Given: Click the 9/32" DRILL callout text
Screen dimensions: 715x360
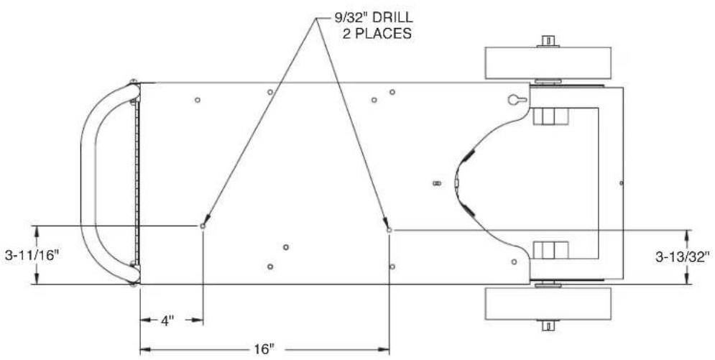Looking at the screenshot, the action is [x=371, y=18].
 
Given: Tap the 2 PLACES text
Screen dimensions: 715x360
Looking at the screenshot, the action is [x=377, y=34].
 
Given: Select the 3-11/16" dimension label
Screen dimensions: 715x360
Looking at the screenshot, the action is [x=32, y=255].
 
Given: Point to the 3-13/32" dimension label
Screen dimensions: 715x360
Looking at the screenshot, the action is [x=683, y=257].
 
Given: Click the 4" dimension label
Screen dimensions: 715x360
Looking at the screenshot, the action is [x=168, y=320].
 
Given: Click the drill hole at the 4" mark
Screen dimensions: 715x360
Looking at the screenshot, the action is [x=203, y=226].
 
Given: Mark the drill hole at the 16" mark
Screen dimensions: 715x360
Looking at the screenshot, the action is [x=389, y=230].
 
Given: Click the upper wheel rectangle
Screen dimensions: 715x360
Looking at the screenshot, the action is [x=548, y=63].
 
